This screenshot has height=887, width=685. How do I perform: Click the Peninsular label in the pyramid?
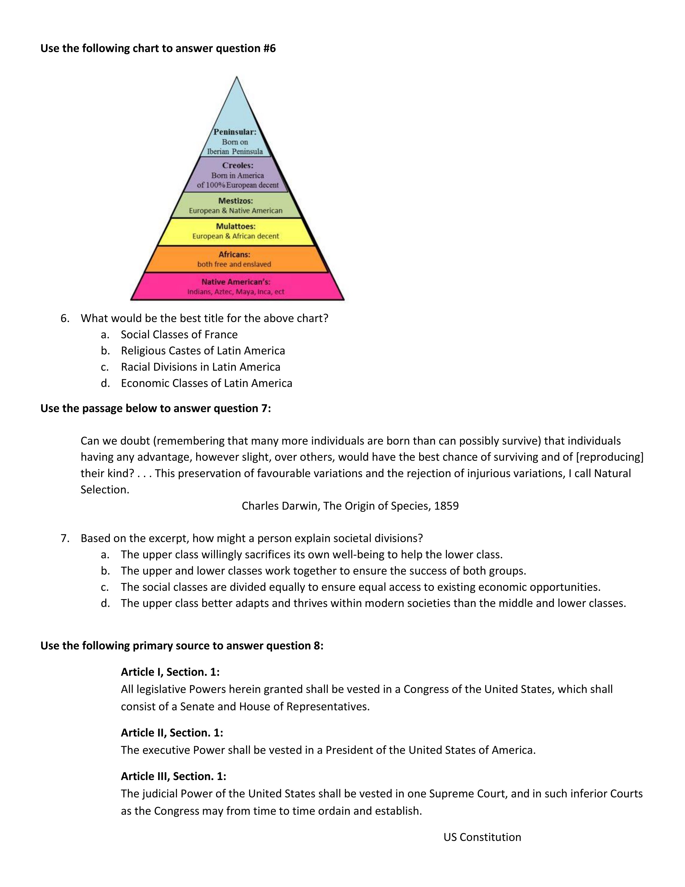[x=235, y=132]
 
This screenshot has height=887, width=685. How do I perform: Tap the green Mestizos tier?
[x=236, y=206]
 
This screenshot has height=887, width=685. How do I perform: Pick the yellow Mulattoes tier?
[x=236, y=231]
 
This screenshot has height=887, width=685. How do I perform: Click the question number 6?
[x=65, y=319]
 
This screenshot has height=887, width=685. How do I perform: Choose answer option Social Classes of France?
[x=179, y=335]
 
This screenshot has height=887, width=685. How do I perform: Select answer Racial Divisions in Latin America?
[x=200, y=367]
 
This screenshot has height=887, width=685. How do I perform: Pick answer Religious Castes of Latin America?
[x=203, y=351]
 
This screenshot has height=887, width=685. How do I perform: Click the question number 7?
[x=65, y=539]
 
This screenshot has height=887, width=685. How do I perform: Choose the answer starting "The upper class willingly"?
[x=311, y=555]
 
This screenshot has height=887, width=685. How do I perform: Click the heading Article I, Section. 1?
[x=170, y=672]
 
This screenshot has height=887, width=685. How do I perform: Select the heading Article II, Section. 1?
[x=172, y=733]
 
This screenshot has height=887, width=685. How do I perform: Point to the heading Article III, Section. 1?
[x=173, y=777]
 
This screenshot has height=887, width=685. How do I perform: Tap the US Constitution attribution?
[x=482, y=838]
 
